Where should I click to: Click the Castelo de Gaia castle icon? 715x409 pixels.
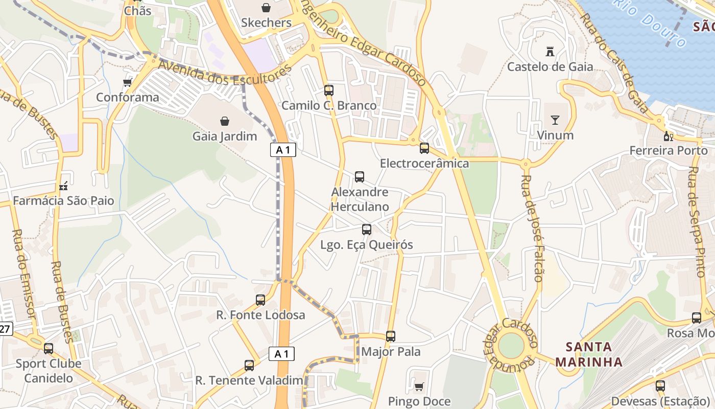pos(550,52)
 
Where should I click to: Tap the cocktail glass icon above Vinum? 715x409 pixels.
pos(555,121)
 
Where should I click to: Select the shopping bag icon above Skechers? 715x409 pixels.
pos(266,8)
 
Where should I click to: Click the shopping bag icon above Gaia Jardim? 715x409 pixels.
pos(224,121)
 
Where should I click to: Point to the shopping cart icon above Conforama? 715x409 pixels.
pos(127,82)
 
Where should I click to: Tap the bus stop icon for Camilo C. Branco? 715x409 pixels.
pos(329,90)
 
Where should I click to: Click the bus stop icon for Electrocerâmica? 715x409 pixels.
pos(424,148)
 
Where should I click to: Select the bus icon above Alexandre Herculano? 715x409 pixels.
pos(360,177)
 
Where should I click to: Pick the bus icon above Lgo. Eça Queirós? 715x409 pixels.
pos(366,230)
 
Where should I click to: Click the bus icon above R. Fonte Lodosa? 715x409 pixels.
pos(260,300)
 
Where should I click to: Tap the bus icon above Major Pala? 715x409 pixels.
pos(391,336)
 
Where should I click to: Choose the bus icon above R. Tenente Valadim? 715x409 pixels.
pos(249,366)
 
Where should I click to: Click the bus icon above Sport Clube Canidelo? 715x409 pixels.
pos(49,349)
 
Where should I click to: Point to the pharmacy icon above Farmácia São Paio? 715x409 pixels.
pos(63,186)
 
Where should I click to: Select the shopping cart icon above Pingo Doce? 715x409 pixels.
pos(419,387)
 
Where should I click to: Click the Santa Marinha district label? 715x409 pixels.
pos(589,354)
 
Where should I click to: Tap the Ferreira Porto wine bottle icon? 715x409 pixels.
pos(668,137)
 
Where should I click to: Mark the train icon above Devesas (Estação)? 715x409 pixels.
pos(660,386)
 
